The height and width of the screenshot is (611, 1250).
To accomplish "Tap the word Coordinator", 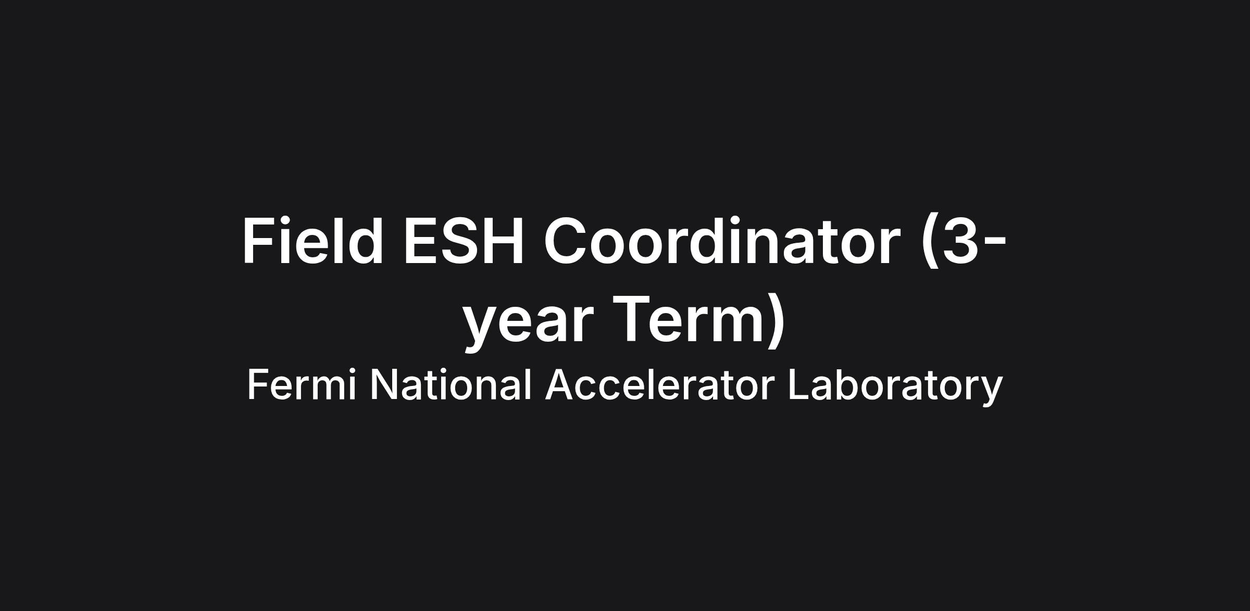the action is pyautogui.click(x=722, y=241).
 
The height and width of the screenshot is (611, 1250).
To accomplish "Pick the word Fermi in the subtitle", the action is pyautogui.click(x=302, y=384).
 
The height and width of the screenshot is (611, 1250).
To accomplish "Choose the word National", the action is pyautogui.click(x=451, y=384).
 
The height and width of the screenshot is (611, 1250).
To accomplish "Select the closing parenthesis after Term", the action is pyautogui.click(x=775, y=320).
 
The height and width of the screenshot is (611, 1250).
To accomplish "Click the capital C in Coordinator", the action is pyautogui.click(x=566, y=241).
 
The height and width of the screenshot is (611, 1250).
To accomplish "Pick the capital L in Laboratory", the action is pyautogui.click(x=799, y=384).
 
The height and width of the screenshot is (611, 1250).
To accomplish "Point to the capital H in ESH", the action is pyautogui.click(x=503, y=241).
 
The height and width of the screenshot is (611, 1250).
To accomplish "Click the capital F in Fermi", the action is pyautogui.click(x=258, y=384).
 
